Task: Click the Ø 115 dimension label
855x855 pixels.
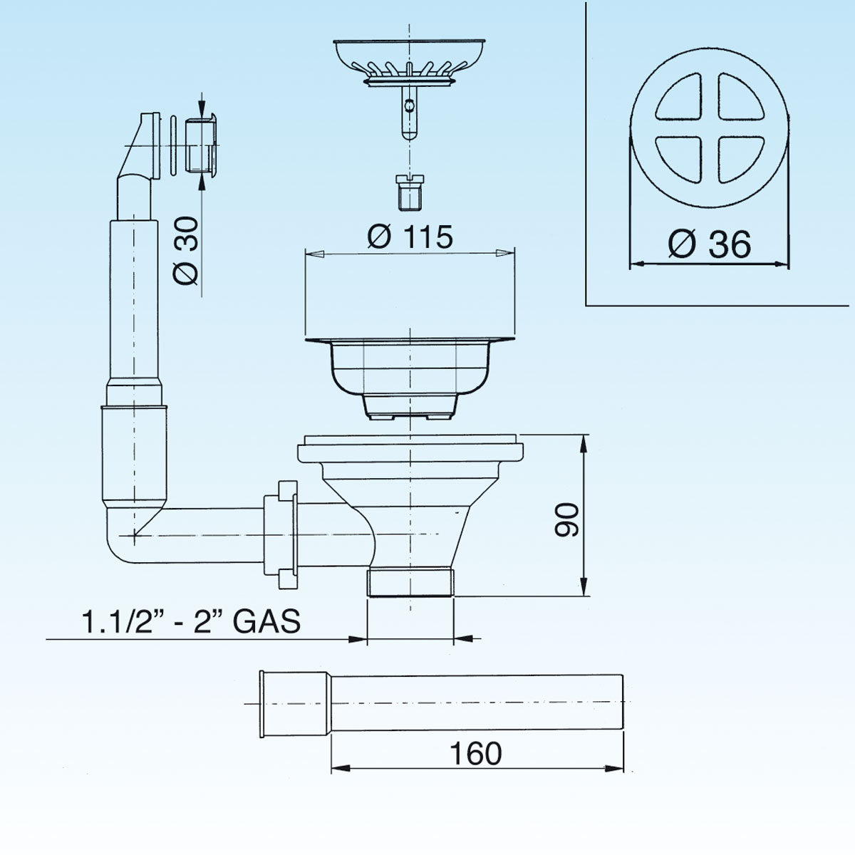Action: point(410,237)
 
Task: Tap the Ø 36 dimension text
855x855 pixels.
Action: point(709,245)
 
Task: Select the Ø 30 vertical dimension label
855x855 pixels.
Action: point(187,251)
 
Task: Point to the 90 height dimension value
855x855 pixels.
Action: point(568,519)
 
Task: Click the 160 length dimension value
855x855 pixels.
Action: point(475,753)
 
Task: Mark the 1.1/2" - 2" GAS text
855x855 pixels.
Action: point(191,622)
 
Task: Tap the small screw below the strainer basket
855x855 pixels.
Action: point(409,192)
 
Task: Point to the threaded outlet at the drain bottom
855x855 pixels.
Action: point(410,582)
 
